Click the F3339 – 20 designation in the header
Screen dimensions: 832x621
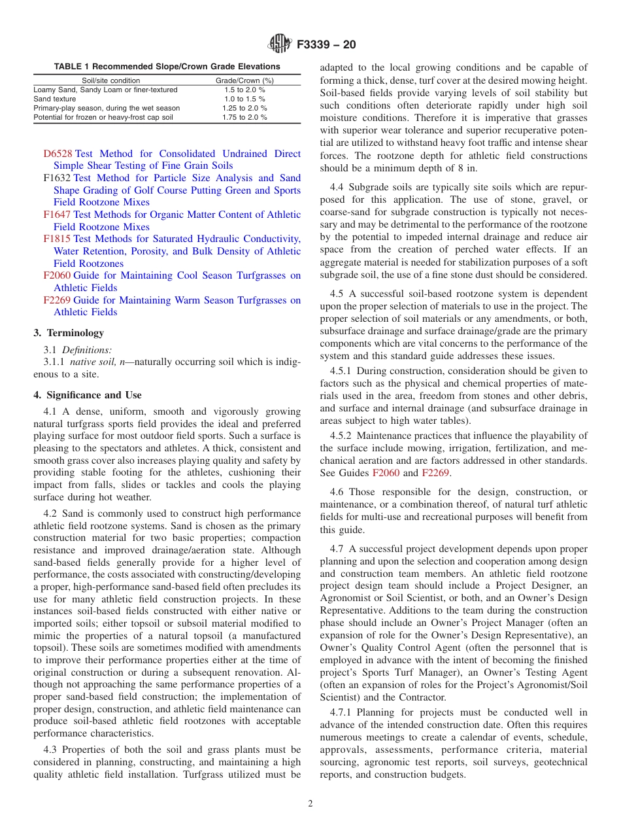pyautogui.click(x=326, y=44)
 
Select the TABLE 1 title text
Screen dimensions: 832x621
pyautogui.click(x=167, y=67)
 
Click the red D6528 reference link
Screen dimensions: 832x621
pyautogui.click(x=58, y=154)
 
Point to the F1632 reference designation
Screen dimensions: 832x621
pyautogui.click(x=58, y=178)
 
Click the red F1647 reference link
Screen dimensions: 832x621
pyautogui.click(x=58, y=215)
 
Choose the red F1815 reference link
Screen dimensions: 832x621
pyautogui.click(x=58, y=239)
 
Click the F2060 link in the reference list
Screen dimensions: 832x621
pyautogui.click(x=58, y=276)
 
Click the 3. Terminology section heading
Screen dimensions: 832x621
pyautogui.click(x=69, y=333)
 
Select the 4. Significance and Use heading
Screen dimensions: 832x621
pyautogui.click(x=88, y=395)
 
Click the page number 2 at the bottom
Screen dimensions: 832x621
pyautogui.click(x=310, y=804)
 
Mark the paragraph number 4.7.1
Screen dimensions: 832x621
pyautogui.click(x=343, y=712)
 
